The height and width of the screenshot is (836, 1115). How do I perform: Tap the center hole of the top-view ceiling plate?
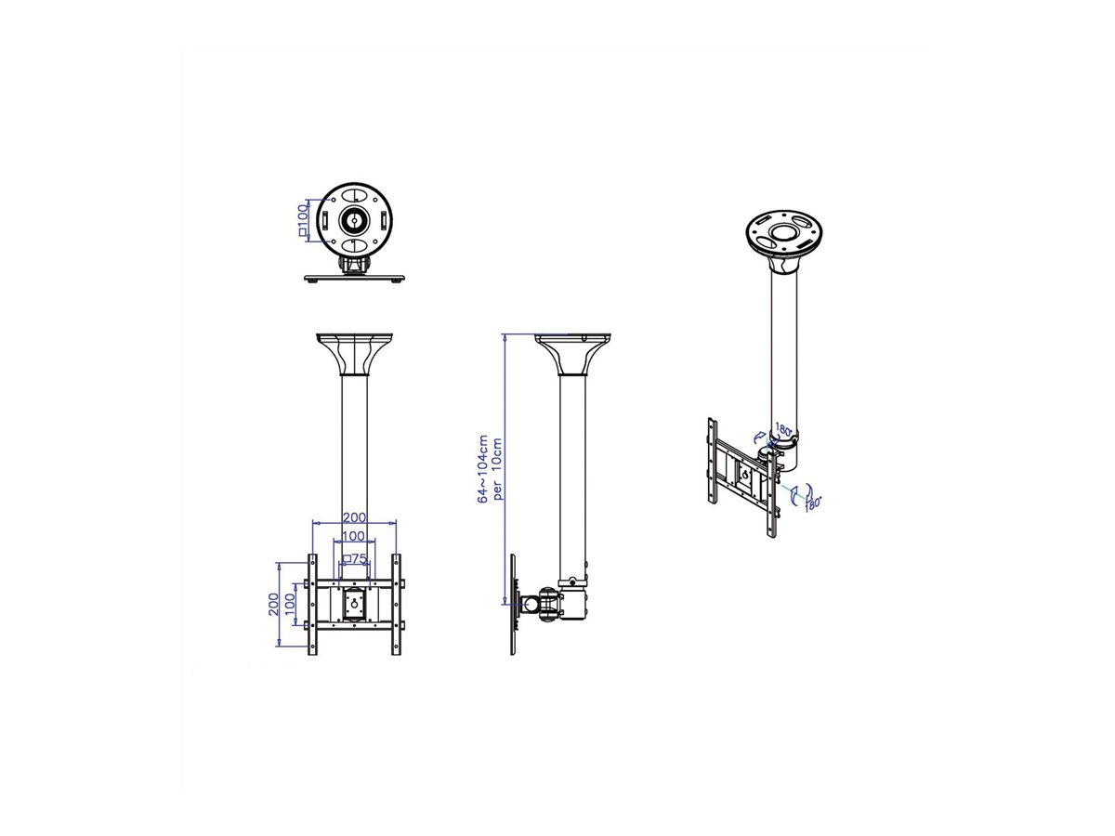click(x=355, y=221)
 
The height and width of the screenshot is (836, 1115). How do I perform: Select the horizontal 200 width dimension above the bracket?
click(x=354, y=516)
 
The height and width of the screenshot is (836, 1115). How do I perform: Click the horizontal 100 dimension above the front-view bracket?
click(x=354, y=537)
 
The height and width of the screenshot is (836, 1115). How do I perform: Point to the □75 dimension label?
click(x=354, y=558)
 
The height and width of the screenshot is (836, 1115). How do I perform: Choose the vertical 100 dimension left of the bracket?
click(x=289, y=605)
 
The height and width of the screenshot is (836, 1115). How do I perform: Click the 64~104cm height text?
click(x=482, y=468)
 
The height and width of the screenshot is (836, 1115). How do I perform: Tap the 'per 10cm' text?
click(x=499, y=468)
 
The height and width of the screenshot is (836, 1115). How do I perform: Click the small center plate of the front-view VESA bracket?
click(x=354, y=605)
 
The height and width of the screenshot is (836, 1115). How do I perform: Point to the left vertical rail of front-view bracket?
click(x=312, y=605)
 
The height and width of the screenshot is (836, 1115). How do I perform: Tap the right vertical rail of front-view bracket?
click(x=397, y=605)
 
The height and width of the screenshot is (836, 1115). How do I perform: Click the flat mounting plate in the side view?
click(x=514, y=605)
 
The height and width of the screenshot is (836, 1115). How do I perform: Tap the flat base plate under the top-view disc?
click(x=355, y=277)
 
